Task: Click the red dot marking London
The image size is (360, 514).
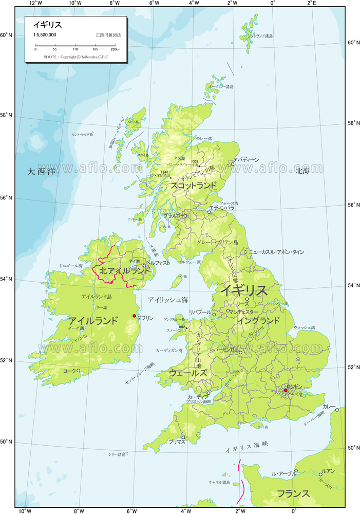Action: coord(286,390)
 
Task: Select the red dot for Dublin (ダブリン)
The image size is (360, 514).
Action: coord(134,316)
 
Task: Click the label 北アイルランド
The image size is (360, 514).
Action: coord(126,270)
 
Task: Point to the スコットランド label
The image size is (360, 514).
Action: coord(194,186)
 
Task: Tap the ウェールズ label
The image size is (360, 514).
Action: coord(188,373)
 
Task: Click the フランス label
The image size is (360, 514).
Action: coord(293,493)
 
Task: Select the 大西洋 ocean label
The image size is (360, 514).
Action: coord(41,172)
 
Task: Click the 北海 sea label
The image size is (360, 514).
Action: coord(303,171)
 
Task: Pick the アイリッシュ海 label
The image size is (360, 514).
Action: coord(167,299)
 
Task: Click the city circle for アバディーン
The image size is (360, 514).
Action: coord(232,164)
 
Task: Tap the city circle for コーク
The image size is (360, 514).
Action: coord(79,371)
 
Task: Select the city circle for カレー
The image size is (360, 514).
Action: coord(337,410)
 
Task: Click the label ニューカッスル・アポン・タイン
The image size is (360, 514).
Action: coord(276,252)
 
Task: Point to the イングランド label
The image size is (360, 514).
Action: coord(259,320)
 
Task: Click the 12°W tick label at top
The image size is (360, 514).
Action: coord(35,3)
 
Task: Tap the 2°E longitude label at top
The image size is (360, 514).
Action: coord(311,3)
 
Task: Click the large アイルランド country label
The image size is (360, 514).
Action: coord(93,321)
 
